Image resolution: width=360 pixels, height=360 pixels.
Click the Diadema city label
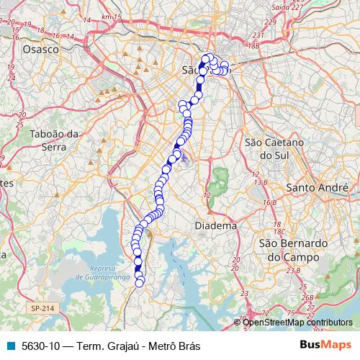(x=215, y=225)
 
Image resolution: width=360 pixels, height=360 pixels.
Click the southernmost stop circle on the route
(x=140, y=282)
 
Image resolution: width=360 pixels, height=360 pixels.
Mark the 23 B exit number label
(x=292, y=270)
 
